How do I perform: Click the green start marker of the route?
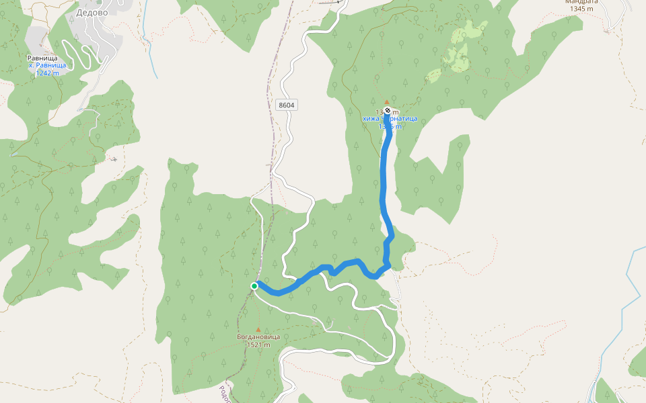point(254,286)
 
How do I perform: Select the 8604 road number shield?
point(286,105)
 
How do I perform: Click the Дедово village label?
point(93,12)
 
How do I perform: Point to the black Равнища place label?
point(42,58)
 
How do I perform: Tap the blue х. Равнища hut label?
point(47,65)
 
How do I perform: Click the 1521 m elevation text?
point(258,345)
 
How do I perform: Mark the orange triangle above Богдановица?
point(258,330)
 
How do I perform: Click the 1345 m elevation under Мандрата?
point(579,9)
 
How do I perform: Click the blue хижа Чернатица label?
point(390,119)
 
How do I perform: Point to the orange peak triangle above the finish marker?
point(386,103)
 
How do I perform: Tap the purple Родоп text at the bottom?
point(225,393)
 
